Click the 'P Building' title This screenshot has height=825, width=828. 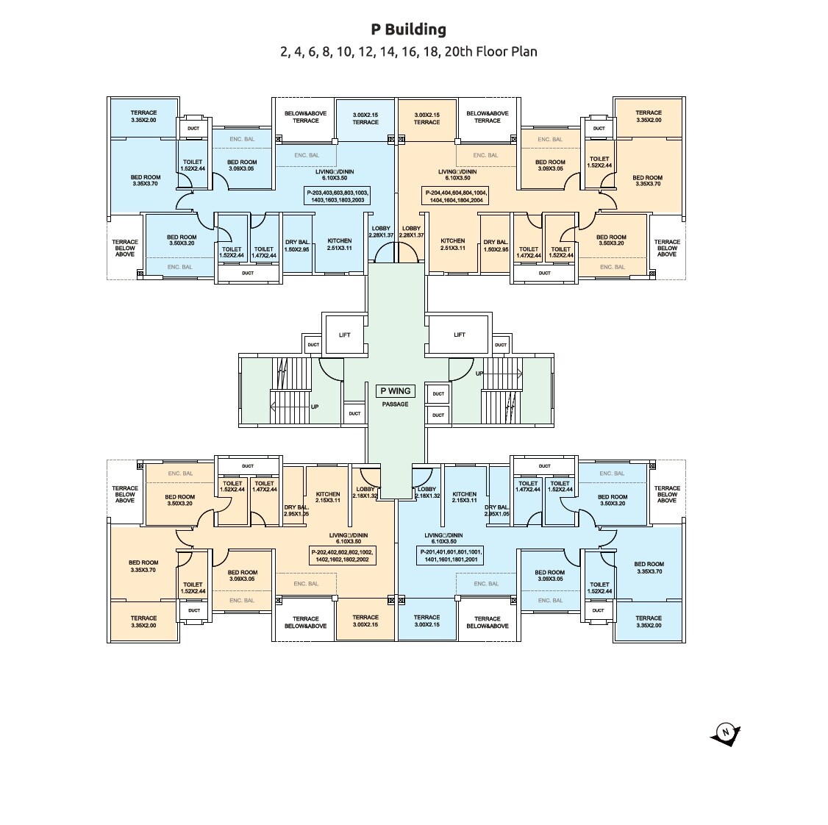click(408, 29)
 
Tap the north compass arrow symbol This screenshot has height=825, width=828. click(726, 733)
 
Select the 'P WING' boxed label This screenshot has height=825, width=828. click(396, 391)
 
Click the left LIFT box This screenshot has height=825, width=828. click(345, 335)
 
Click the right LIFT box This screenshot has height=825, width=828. click(459, 335)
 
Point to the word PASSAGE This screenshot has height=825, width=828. click(395, 404)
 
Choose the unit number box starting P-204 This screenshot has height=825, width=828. click(455, 196)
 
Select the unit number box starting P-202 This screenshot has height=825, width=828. click(342, 555)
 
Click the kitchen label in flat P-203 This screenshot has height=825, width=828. click(339, 244)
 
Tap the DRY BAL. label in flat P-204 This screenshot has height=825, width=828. click(496, 246)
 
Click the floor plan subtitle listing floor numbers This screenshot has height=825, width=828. click(408, 51)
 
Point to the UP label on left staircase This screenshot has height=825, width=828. click(315, 407)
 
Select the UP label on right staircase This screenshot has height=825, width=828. click(479, 374)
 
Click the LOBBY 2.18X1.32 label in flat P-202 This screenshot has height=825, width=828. click(365, 492)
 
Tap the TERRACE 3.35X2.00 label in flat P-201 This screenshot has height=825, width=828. click(648, 621)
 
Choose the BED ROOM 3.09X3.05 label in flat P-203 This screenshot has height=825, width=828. click(241, 165)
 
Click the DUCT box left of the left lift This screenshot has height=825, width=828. click(313, 344)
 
